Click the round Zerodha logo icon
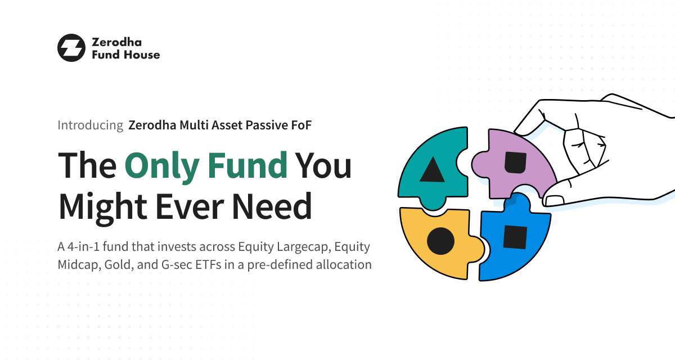(71, 48)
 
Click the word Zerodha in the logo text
(116, 42)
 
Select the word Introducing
(91, 125)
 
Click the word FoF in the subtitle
(301, 125)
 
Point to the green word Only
(162, 166)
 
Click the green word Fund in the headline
(247, 165)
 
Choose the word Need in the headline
(272, 206)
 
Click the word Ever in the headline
(190, 206)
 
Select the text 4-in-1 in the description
(83, 247)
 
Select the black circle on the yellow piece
(440, 241)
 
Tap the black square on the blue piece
(515, 237)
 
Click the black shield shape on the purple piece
(516, 163)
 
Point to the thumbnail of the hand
(555, 200)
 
